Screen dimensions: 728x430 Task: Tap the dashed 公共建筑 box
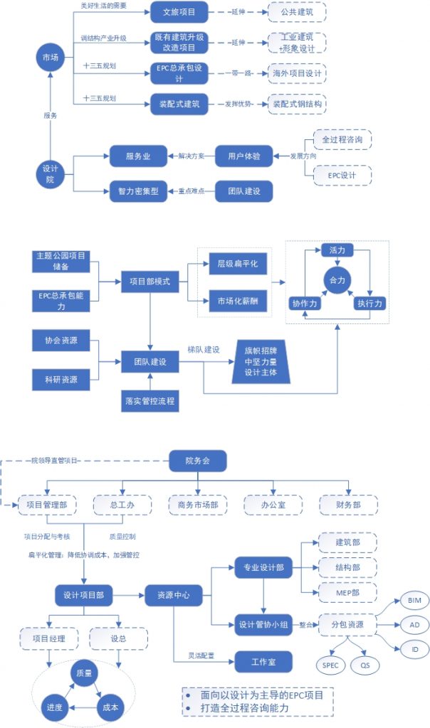point(297,12)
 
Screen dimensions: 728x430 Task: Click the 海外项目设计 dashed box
point(297,73)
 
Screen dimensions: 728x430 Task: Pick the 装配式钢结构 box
point(297,104)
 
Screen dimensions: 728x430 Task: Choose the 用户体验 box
point(243,156)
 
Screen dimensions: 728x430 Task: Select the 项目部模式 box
point(150,281)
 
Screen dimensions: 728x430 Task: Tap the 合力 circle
point(336,280)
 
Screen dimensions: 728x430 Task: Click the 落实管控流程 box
point(150,402)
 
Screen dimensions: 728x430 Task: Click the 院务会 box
point(197,461)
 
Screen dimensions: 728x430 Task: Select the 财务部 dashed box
point(349,504)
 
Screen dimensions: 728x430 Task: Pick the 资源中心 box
point(174,594)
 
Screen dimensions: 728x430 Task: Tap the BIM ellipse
point(414,601)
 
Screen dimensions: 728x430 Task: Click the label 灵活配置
point(203,654)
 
